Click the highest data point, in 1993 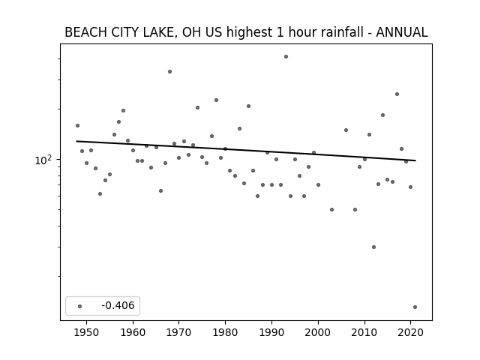(x=286, y=57)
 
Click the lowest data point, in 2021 (x=415, y=307)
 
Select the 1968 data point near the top (x=170, y=72)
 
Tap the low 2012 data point (x=373, y=247)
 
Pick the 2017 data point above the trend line (x=397, y=94)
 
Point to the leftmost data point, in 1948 (x=77, y=125)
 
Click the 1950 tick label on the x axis (x=86, y=332)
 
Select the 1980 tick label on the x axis (x=225, y=332)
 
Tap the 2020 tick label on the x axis (x=410, y=332)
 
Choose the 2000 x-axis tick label (x=318, y=332)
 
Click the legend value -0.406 (x=118, y=305)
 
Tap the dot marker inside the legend (x=80, y=306)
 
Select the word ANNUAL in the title (x=402, y=32)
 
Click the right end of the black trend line (x=415, y=160)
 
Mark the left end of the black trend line (x=76, y=141)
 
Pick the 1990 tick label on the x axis (x=271, y=332)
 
